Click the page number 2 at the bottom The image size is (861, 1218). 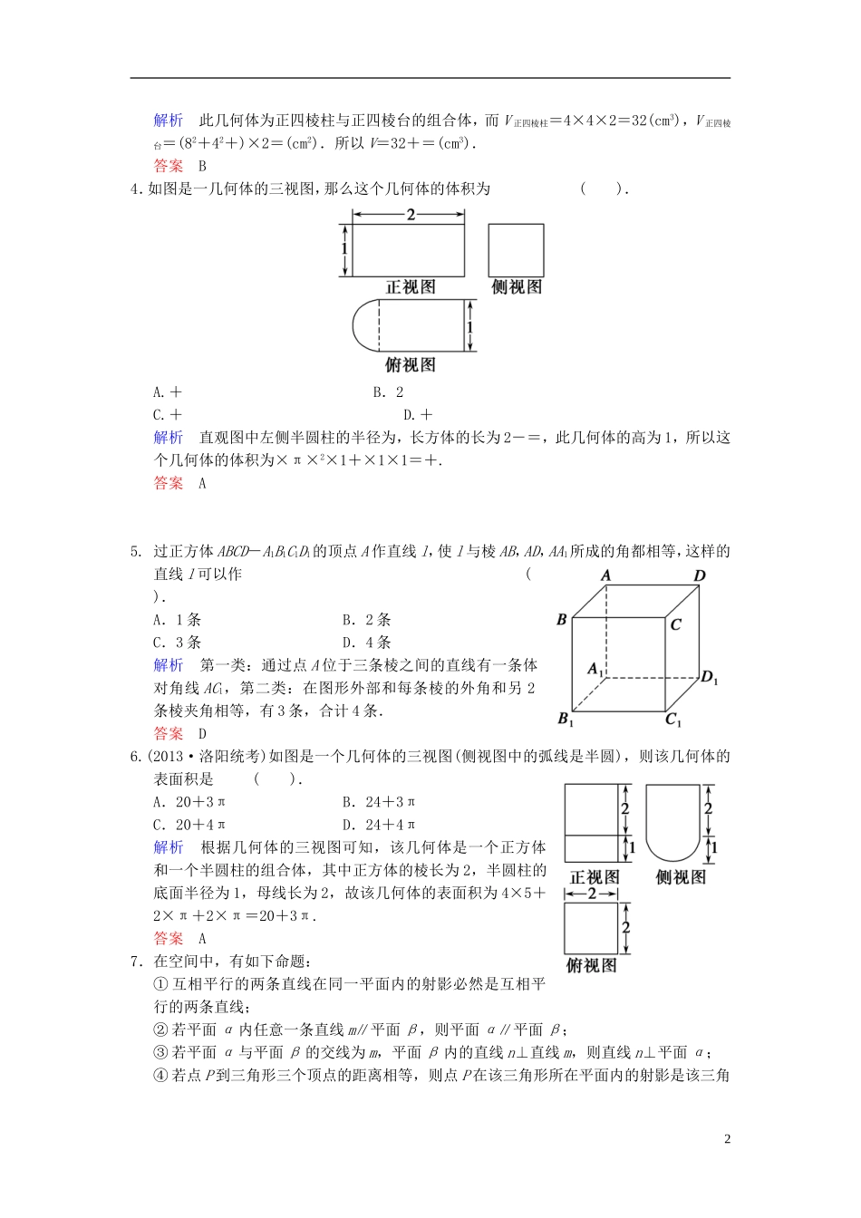point(727,1139)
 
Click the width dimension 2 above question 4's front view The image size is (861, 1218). point(411,215)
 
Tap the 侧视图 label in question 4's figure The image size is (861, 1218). point(517,287)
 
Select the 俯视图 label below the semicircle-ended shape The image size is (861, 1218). point(411,365)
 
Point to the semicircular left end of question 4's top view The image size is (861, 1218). point(365,325)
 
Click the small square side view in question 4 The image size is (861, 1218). point(516,250)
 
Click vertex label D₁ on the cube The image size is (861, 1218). point(709,677)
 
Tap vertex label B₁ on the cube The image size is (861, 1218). point(566,719)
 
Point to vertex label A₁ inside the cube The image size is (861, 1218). point(595,669)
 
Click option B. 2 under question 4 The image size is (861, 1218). point(388,392)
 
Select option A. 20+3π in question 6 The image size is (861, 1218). point(189,802)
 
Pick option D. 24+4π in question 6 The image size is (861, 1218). point(379,825)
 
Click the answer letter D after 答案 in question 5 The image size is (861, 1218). point(202,734)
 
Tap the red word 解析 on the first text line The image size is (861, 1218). point(169,121)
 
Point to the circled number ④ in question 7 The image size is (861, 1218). point(160,1075)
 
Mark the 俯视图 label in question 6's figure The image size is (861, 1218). point(591,966)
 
